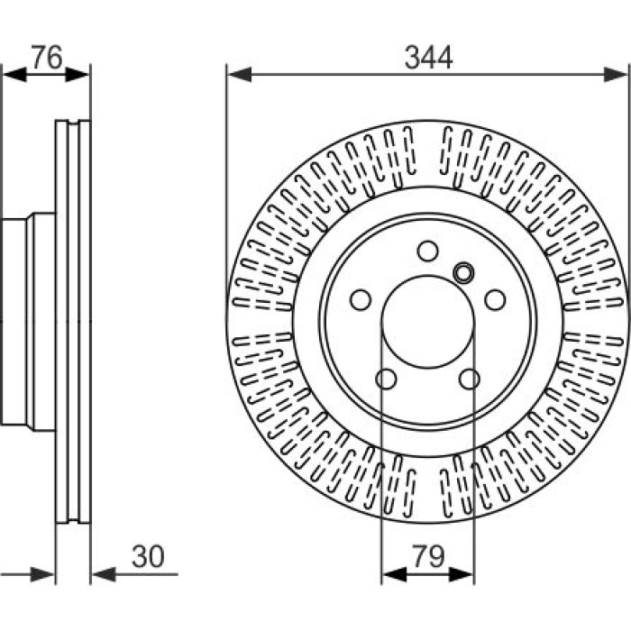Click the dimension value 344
tap(428, 58)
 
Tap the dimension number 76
tap(47, 57)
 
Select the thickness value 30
tap(148, 556)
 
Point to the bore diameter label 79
tap(429, 556)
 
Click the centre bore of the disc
tap(428, 322)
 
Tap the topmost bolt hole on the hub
tap(428, 251)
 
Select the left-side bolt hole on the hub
tap(361, 300)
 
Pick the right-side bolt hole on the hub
tap(495, 300)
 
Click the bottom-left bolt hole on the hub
tap(386, 379)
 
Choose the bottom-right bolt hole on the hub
tap(470, 379)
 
